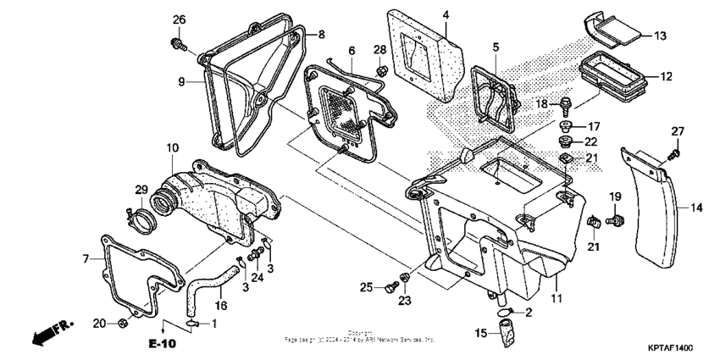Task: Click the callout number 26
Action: tap(179, 19)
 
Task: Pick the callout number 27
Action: tap(677, 130)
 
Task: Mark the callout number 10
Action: tap(172, 147)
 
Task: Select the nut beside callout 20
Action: tap(124, 323)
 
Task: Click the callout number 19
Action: tap(616, 197)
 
